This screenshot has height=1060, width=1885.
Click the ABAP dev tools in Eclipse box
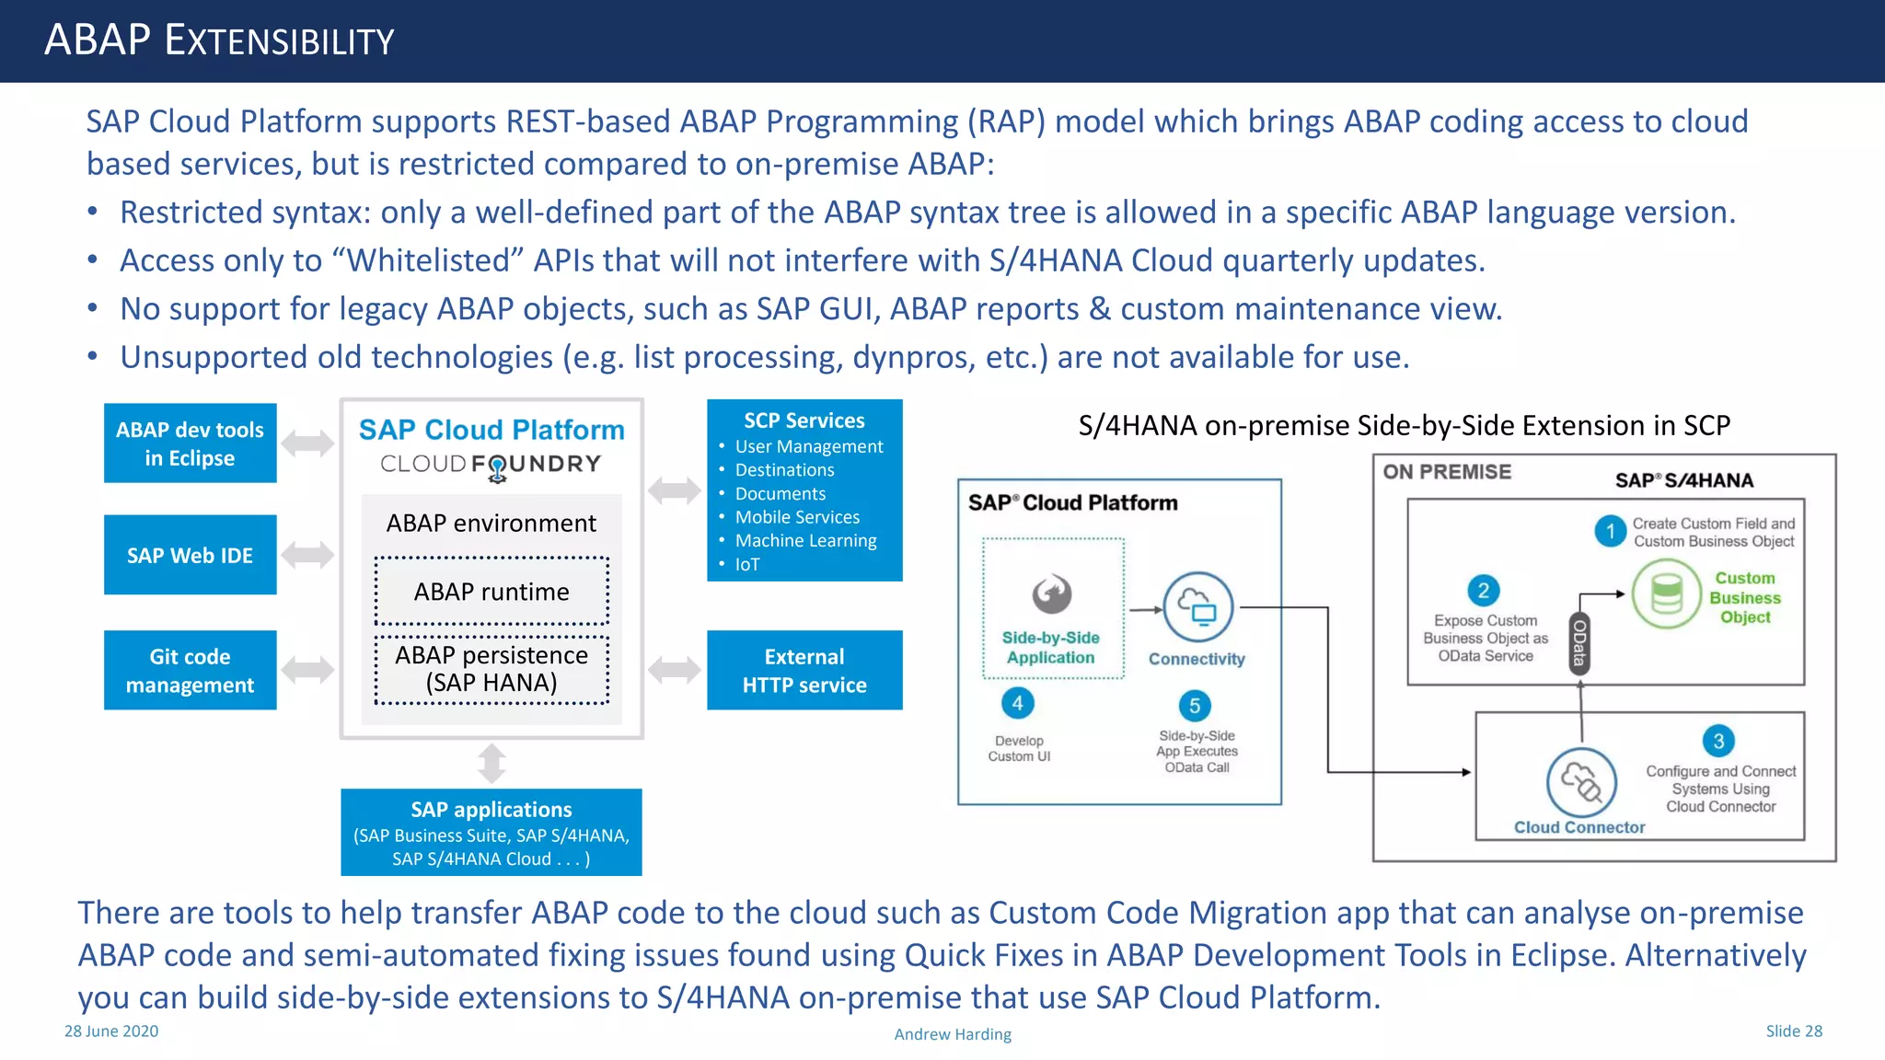[x=190, y=444]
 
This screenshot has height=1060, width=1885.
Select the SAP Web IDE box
[x=190, y=555]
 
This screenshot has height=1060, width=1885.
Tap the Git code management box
[x=190, y=670]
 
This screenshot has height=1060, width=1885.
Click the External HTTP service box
[x=804, y=670]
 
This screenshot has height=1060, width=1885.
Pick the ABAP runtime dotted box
[x=491, y=591]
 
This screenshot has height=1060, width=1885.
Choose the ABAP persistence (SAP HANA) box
[x=491, y=669]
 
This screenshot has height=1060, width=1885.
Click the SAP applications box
[x=491, y=832]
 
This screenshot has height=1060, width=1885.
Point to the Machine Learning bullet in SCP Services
[x=805, y=541]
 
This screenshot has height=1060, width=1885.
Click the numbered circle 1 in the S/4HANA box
[x=1611, y=531]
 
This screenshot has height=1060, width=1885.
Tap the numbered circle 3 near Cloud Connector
[x=1718, y=741]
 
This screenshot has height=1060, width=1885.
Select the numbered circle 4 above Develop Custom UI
[x=1018, y=704]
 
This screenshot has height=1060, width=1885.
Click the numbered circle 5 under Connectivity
[x=1195, y=706]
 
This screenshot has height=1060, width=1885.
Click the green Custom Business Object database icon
[x=1667, y=593]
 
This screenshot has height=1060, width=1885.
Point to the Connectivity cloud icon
[x=1198, y=607]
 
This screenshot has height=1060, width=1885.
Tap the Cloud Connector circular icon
[x=1581, y=783]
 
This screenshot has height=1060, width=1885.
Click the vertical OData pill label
[x=1579, y=643]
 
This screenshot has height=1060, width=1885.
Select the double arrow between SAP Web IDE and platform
[x=307, y=555]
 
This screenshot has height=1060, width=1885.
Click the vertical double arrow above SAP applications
[x=491, y=764]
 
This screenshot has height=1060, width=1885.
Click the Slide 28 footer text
[x=1794, y=1031]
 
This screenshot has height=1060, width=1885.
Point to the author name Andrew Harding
[x=953, y=1034]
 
